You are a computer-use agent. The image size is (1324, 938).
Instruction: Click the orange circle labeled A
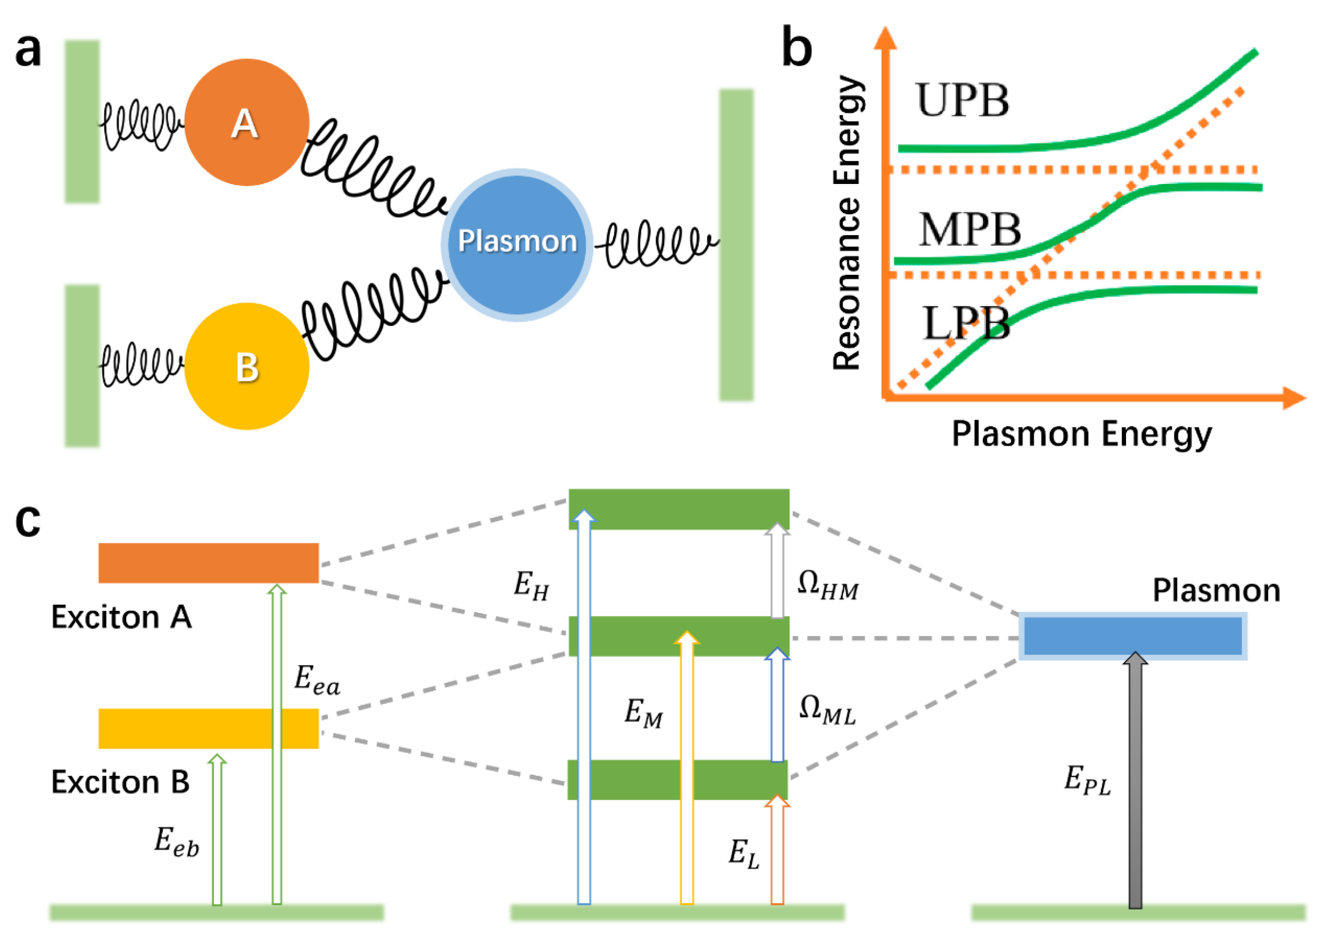click(247, 122)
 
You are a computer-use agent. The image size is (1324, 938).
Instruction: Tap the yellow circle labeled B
click(247, 366)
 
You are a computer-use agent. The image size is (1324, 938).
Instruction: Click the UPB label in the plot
click(962, 100)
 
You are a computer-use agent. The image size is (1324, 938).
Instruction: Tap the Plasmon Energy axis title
click(1081, 434)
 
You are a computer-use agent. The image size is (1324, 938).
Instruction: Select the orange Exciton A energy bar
click(209, 563)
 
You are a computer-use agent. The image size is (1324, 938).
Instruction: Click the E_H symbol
click(531, 585)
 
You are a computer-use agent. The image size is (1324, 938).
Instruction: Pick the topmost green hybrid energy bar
click(679, 509)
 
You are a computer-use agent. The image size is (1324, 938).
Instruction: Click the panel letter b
click(797, 48)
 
